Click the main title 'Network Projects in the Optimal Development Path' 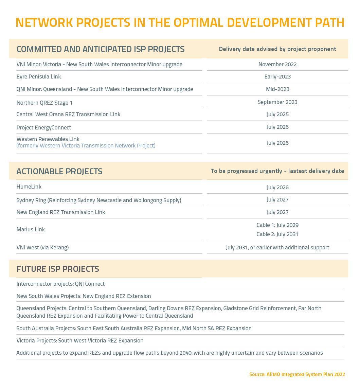click(180, 23)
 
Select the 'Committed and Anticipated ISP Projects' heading click(101, 49)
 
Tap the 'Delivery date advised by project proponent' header click(277, 49)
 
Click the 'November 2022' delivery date click(277, 64)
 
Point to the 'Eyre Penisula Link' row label click(39, 76)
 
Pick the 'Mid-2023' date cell click(277, 89)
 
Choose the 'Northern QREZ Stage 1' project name click(44, 103)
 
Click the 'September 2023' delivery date click(277, 102)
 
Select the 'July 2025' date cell click(277, 114)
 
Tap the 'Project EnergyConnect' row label click(44, 127)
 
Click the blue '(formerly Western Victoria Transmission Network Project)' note click(86, 145)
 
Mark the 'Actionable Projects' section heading click(59, 171)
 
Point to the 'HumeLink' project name click(29, 187)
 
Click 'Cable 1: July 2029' click(277, 225)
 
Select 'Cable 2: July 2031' click(277, 234)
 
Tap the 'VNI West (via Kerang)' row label click(42, 247)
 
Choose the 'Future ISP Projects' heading click(58, 269)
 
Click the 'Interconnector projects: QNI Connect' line click(60, 284)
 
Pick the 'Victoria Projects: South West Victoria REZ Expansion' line click(80, 340)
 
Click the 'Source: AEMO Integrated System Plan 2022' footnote click(297, 374)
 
